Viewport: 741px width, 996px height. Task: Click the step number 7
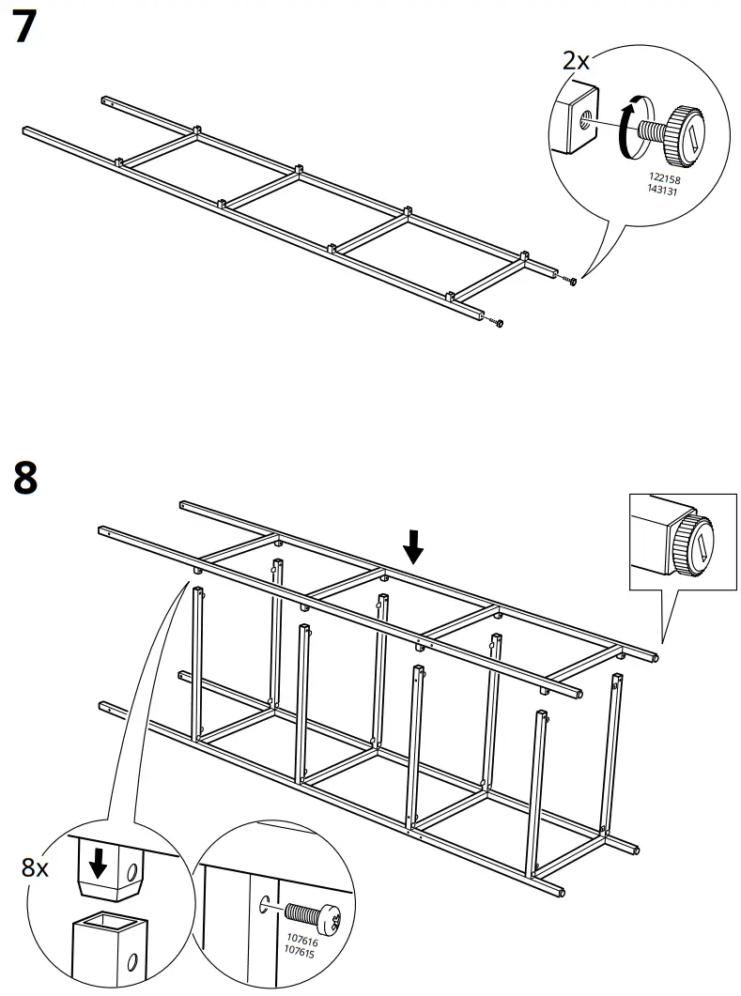[25, 28]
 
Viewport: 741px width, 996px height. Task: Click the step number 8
[25, 477]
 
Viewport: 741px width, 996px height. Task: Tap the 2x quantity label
[576, 62]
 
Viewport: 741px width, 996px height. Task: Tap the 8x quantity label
[36, 867]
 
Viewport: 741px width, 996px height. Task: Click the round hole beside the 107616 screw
[264, 906]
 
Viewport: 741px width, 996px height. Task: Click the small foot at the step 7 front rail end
[499, 324]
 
